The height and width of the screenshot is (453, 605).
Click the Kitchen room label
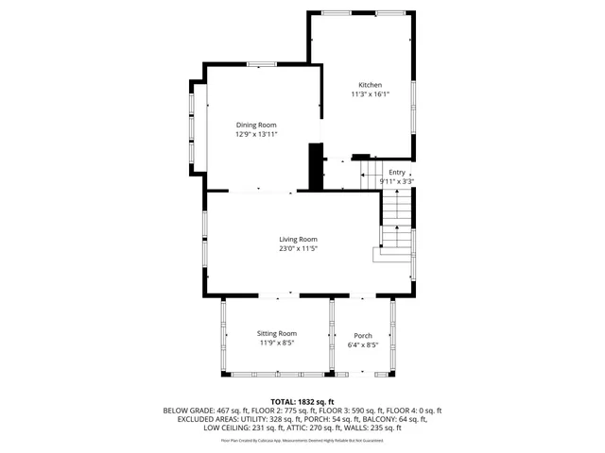point(370,84)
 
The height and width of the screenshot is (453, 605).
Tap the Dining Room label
point(256,125)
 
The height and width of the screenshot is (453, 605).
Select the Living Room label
point(297,239)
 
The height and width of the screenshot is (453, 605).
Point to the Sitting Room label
point(277,333)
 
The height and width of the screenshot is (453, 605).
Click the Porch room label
point(363,336)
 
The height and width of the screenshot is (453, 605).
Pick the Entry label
point(396,172)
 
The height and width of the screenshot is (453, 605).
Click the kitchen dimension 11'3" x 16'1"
point(370,94)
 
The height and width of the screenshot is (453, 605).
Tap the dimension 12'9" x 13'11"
point(256,134)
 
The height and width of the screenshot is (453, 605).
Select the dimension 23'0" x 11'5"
point(297,249)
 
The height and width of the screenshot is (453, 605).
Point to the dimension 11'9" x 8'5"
point(277,343)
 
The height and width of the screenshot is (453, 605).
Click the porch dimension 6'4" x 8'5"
point(363,345)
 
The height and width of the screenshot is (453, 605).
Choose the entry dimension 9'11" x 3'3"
point(396,181)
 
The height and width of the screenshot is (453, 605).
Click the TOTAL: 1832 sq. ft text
point(302,401)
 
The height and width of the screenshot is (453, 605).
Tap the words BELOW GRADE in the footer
point(188,411)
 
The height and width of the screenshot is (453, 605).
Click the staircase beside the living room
point(398,226)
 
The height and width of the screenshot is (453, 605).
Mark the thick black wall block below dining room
point(316,166)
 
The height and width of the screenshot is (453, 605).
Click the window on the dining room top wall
point(262,64)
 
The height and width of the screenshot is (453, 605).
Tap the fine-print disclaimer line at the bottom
point(302,440)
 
